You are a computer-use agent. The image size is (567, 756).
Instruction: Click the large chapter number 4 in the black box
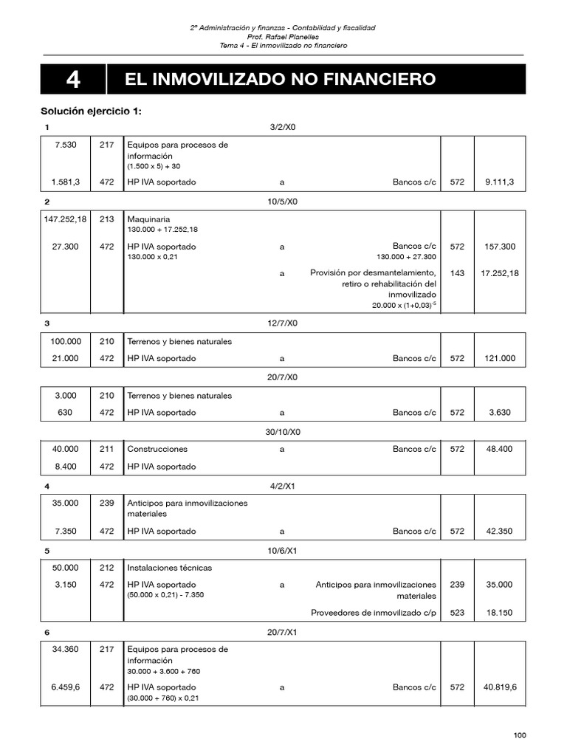73,80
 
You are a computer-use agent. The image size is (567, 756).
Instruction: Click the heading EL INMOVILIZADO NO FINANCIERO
281,79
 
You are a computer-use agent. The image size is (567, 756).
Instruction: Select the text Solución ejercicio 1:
90,111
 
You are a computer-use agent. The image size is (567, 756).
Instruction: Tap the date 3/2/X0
283,128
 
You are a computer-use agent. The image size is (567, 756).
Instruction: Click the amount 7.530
66,145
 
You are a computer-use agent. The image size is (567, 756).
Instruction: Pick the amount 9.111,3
500,182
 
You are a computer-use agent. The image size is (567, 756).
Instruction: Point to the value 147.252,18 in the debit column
65,219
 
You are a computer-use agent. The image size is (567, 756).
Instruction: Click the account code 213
106,219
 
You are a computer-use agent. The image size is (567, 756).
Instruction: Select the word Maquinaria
148,219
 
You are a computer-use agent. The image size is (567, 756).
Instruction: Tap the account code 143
457,273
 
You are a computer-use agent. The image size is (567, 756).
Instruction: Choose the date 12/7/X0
283,323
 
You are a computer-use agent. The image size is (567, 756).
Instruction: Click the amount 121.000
500,359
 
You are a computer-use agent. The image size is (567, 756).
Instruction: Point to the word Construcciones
157,449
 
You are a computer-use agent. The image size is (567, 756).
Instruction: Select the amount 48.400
500,449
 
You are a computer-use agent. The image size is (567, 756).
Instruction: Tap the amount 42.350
500,531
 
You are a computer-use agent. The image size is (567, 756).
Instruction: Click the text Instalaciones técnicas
169,568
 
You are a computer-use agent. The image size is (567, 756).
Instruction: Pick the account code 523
457,612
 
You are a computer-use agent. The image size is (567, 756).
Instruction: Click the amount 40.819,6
500,687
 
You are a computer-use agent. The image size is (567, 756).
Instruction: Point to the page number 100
520,735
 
